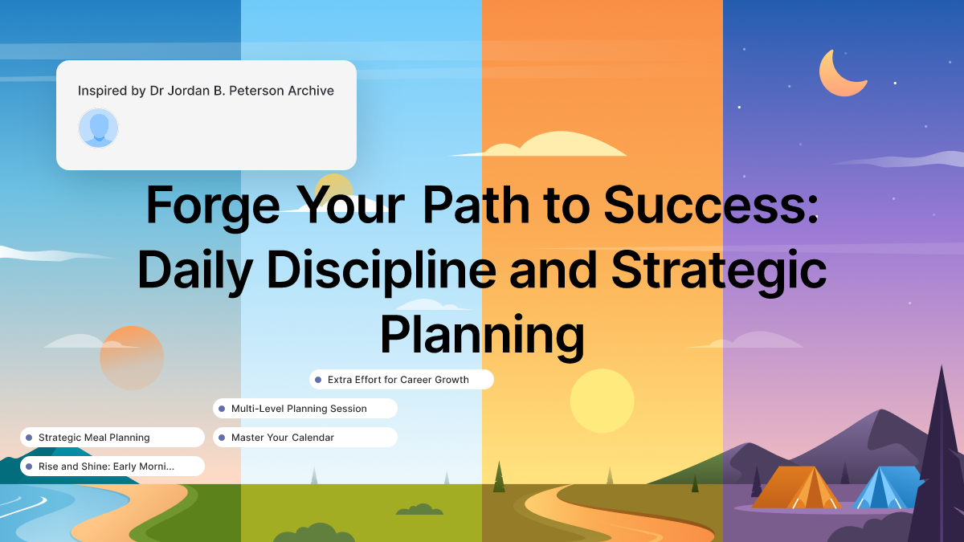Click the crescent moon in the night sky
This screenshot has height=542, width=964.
[x=840, y=75]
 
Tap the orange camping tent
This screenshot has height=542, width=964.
[x=795, y=487]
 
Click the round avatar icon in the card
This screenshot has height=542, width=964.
[x=98, y=128]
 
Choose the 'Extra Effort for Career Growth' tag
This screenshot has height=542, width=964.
[x=401, y=380]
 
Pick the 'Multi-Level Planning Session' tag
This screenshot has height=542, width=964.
[x=304, y=409]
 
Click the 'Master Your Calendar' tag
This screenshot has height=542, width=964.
[x=304, y=438]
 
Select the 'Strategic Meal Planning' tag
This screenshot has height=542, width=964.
[x=112, y=438]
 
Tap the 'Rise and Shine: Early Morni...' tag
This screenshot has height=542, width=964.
[x=112, y=467]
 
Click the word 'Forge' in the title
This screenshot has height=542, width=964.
[x=213, y=206]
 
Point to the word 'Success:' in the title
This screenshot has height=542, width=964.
[x=711, y=206]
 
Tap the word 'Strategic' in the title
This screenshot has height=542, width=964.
[x=719, y=271]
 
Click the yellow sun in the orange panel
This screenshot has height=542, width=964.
[x=602, y=401]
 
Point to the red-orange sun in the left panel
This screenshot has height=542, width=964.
[x=132, y=357]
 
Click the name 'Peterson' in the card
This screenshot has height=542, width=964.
[x=239, y=91]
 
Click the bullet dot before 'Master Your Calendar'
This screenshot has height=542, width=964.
[x=222, y=438]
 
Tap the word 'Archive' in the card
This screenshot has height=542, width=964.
[x=311, y=91]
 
